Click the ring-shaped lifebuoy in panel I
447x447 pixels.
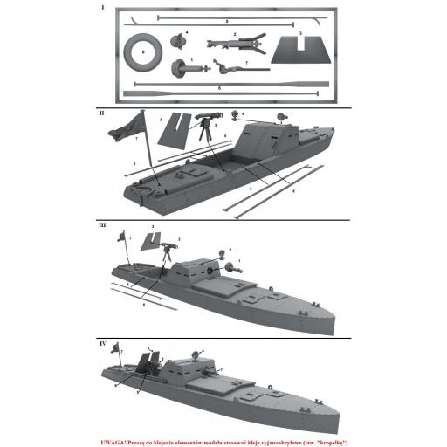142,52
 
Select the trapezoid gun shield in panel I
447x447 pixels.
299,51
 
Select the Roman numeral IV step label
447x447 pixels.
104,344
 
